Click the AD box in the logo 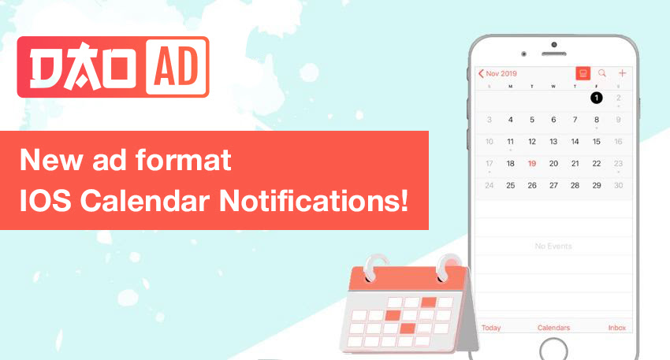pyautogui.click(x=177, y=67)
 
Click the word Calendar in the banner pyautogui.click(x=145, y=200)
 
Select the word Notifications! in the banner pyautogui.click(x=314, y=200)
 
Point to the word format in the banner pyautogui.click(x=184, y=160)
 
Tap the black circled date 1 pyautogui.click(x=597, y=98)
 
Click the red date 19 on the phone pyautogui.click(x=532, y=164)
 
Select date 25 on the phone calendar pyautogui.click(x=510, y=185)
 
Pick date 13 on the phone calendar pyautogui.click(x=553, y=141)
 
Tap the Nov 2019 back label pyautogui.click(x=497, y=73)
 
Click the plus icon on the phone pyautogui.click(x=622, y=73)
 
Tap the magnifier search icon pyautogui.click(x=602, y=73)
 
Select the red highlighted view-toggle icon pyautogui.click(x=583, y=73)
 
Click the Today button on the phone pyautogui.click(x=491, y=328)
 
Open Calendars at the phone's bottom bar pyautogui.click(x=553, y=328)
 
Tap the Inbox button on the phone pyautogui.click(x=616, y=328)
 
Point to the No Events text pyautogui.click(x=553, y=246)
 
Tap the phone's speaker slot pyautogui.click(x=554, y=54)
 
